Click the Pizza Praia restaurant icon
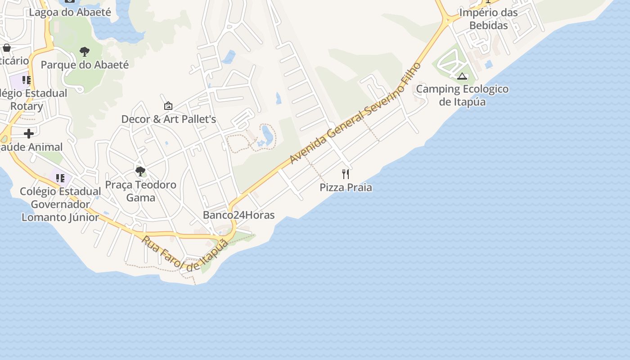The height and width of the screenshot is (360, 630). (346, 174)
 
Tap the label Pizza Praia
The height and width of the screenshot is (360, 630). (346, 187)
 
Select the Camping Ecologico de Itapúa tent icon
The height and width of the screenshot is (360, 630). (462, 76)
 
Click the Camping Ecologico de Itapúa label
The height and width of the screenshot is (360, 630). (462, 95)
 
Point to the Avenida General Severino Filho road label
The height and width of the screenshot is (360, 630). (355, 113)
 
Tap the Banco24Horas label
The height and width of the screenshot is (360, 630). (238, 215)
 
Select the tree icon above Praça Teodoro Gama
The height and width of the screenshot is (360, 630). (140, 171)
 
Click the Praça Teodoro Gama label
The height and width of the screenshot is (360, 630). (140, 191)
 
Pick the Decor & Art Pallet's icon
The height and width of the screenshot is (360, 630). (168, 106)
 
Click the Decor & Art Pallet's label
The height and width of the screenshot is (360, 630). (169, 119)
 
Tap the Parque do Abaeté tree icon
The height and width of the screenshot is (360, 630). (85, 52)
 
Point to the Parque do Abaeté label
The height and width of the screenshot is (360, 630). (85, 65)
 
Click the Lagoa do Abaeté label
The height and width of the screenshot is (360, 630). (70, 12)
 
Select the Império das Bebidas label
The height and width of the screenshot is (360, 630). (488, 19)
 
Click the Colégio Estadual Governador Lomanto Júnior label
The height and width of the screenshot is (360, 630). (60, 204)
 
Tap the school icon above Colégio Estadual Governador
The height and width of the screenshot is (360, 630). (60, 178)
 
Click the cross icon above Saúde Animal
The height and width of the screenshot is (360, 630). (29, 134)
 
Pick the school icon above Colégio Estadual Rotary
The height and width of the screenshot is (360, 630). (27, 80)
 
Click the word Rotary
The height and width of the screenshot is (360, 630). (27, 107)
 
